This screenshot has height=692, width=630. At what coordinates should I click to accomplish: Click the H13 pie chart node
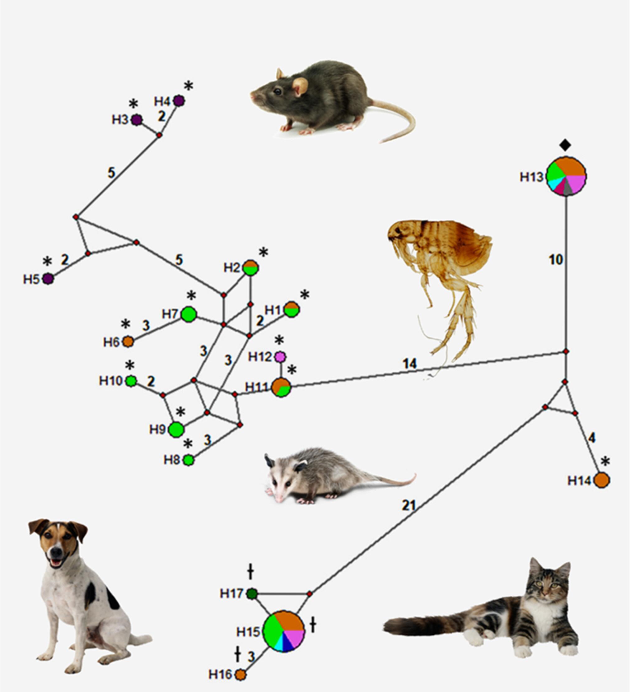pos(566,176)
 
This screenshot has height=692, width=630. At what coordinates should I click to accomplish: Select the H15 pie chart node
pos(284,631)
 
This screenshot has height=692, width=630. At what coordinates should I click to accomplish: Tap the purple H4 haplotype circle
pos(179,100)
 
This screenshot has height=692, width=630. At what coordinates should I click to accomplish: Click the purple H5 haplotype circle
pos(48,279)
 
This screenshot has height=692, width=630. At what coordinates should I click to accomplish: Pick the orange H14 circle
pos(601,480)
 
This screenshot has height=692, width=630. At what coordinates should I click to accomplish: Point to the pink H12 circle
pos(280,357)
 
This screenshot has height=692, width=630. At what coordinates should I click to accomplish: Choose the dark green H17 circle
pos(252,593)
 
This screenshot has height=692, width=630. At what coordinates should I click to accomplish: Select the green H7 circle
pos(189,314)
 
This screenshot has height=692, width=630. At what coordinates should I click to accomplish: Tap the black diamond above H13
pos(565,145)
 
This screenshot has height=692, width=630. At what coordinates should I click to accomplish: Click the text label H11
pos(256,387)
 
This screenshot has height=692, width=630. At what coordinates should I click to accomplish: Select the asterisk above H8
pos(188,444)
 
